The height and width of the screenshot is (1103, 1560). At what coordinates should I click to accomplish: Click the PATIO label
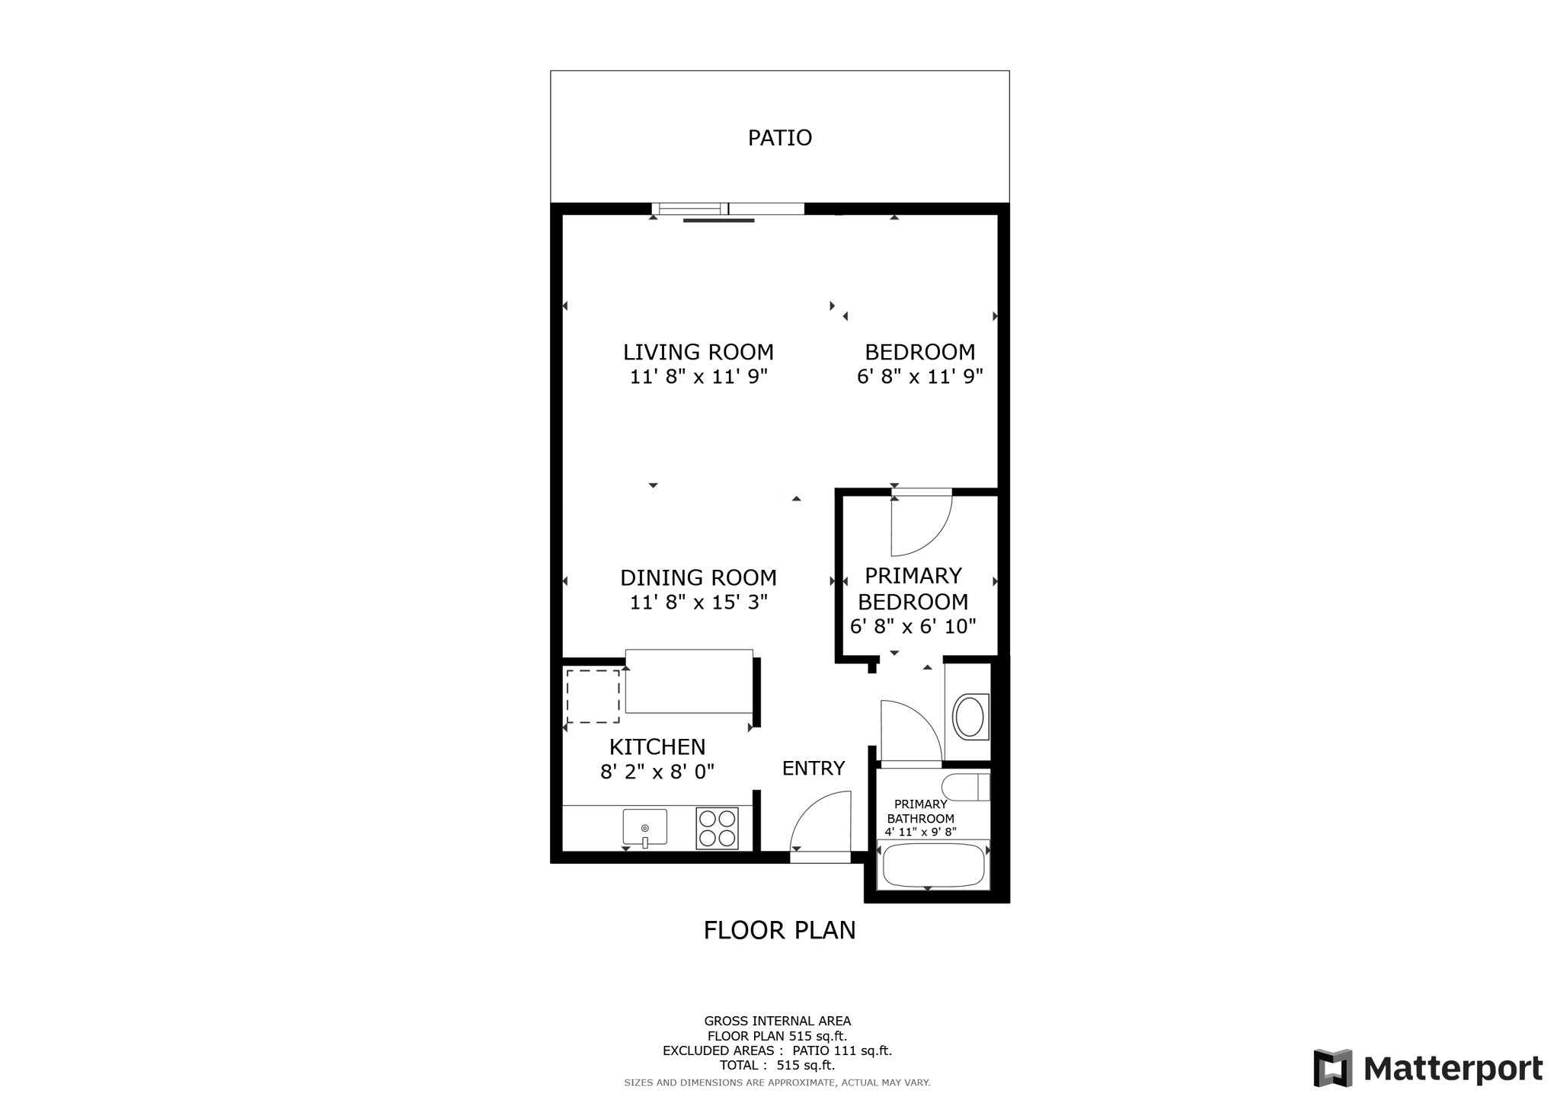click(x=779, y=138)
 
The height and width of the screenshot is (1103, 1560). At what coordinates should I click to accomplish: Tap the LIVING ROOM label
click(x=698, y=352)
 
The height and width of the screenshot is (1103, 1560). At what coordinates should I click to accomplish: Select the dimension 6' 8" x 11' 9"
click(x=919, y=376)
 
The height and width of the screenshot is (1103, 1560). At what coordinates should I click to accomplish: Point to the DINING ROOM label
click(x=698, y=577)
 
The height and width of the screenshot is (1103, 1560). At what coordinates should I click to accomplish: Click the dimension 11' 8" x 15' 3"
click(x=698, y=603)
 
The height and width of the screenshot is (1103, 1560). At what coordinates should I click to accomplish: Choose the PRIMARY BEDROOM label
click(x=913, y=588)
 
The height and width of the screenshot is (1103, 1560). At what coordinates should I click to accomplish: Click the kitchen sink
click(x=644, y=827)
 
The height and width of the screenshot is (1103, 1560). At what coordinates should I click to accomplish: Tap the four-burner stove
click(x=717, y=828)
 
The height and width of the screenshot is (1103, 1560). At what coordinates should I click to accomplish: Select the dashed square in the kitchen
click(x=593, y=696)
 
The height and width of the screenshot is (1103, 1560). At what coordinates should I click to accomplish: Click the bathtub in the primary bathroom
click(x=932, y=865)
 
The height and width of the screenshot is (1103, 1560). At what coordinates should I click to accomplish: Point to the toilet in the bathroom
click(x=964, y=787)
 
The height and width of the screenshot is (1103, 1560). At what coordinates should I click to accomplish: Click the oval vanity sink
click(x=969, y=717)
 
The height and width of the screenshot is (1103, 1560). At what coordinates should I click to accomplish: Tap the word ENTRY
click(x=813, y=769)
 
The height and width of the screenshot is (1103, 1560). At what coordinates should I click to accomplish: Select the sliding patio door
click(x=727, y=209)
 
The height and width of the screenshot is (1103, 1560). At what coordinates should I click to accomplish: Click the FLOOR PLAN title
click(x=779, y=930)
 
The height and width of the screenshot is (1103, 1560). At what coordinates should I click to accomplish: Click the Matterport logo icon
click(x=1332, y=1068)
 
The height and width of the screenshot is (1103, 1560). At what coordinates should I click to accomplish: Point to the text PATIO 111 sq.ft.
click(x=842, y=1050)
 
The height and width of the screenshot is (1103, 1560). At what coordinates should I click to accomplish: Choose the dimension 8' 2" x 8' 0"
click(x=657, y=772)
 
